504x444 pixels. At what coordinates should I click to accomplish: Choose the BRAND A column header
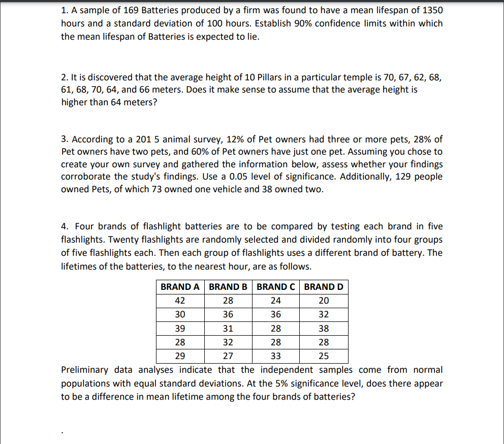(x=180, y=287)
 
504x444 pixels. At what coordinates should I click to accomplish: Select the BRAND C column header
(x=276, y=287)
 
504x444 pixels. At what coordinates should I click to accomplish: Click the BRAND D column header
(x=324, y=287)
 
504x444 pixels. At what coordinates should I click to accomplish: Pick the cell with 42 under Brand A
(x=180, y=301)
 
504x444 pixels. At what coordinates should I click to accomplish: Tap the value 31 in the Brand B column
(x=228, y=328)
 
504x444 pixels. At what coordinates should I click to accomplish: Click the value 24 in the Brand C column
(x=276, y=301)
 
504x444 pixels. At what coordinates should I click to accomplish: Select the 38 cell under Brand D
(x=324, y=328)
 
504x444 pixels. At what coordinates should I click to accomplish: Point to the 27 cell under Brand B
(x=228, y=356)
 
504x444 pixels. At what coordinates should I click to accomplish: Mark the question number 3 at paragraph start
(x=65, y=139)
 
